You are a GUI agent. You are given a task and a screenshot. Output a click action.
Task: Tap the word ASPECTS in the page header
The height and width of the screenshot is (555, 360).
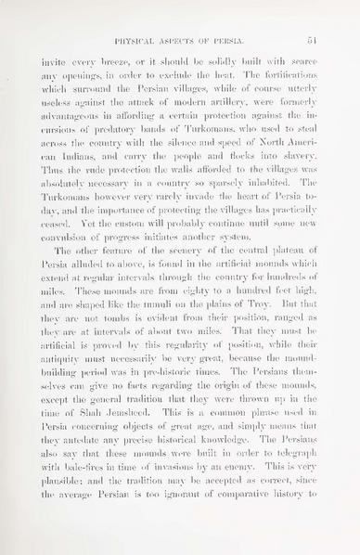[188, 40]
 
